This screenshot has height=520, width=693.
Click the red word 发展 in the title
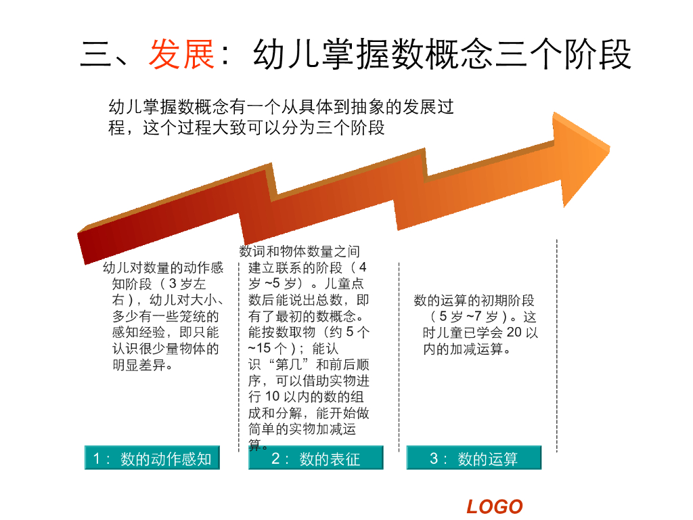tap(182, 55)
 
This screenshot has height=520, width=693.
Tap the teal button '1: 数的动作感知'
tap(152, 458)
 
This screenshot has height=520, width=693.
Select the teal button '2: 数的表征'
tap(315, 458)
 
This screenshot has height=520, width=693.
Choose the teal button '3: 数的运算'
tap(474, 458)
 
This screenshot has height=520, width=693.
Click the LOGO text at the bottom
tap(495, 506)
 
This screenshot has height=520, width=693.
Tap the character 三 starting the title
tap(96, 55)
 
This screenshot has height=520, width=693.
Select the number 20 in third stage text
tap(514, 333)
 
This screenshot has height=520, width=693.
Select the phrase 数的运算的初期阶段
tap(474, 301)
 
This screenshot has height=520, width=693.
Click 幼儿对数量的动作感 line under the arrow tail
tap(162, 267)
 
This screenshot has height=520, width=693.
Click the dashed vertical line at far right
tap(556, 345)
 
